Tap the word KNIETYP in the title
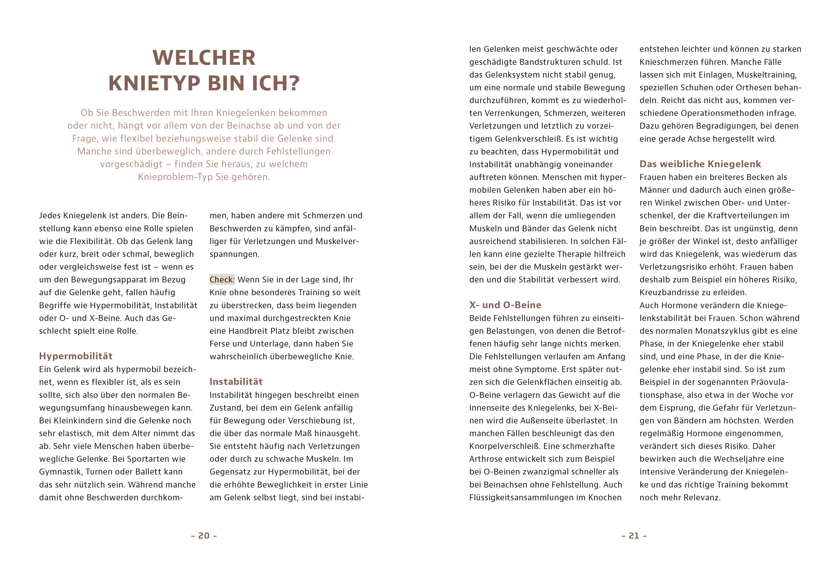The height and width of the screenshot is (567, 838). [x=154, y=83]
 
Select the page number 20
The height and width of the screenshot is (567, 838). [x=204, y=536]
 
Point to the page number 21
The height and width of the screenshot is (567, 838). [x=634, y=536]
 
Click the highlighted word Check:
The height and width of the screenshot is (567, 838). [x=222, y=280]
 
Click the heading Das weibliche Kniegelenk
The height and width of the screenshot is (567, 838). [x=700, y=164]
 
